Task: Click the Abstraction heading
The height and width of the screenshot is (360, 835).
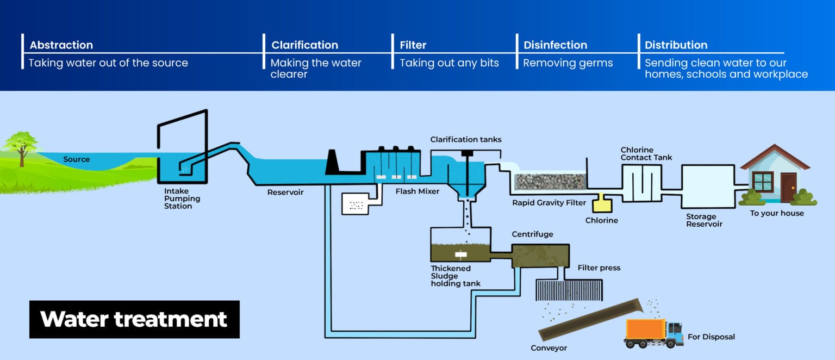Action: click(61, 45)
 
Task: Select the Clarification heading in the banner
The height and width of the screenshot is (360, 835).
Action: click(304, 45)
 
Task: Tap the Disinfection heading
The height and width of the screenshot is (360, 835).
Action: click(555, 45)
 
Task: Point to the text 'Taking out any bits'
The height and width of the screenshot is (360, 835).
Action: click(449, 63)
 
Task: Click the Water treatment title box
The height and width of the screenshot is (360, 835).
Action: click(134, 319)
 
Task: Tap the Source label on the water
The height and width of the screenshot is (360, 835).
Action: click(76, 159)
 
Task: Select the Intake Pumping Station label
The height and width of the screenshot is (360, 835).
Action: click(182, 198)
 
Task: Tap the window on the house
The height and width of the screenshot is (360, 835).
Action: click(763, 181)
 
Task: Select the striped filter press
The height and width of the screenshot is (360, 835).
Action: click(569, 290)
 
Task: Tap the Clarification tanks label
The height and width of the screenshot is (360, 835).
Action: click(465, 140)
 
